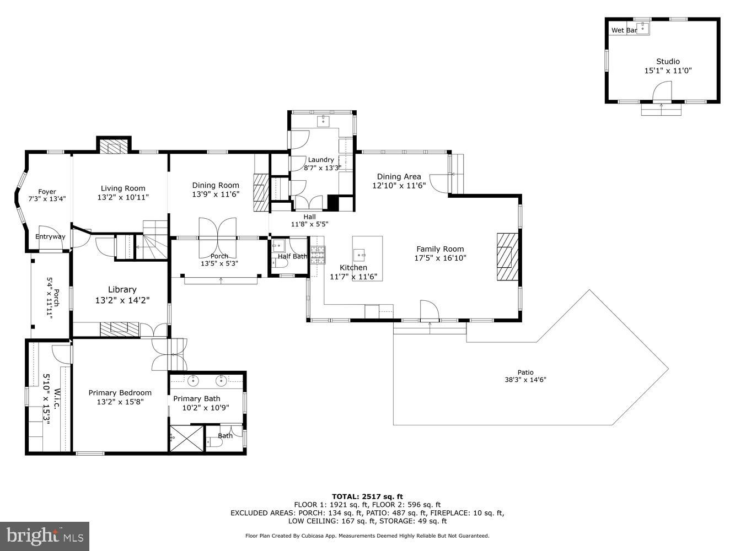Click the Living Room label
(123, 188)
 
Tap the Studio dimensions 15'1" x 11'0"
(668, 71)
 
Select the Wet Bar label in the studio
(624, 30)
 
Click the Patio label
(525, 372)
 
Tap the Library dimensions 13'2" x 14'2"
(122, 300)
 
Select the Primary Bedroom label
(120, 392)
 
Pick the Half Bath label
(292, 256)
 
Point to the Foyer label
(47, 192)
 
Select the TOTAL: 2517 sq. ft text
(367, 496)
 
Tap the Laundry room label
(321, 160)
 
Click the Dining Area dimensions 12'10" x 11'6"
(399, 186)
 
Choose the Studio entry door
(662, 91)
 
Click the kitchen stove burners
(318, 254)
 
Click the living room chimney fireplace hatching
(114, 147)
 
